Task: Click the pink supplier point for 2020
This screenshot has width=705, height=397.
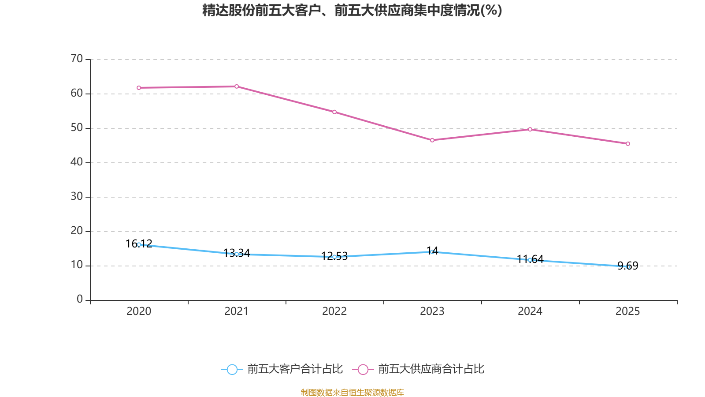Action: point(139,88)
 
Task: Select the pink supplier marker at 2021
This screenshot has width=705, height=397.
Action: point(237,86)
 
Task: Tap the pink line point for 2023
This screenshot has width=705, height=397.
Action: point(432,140)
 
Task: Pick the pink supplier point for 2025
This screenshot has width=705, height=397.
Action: point(628,144)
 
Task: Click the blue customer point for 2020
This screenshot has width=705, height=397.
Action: point(139,244)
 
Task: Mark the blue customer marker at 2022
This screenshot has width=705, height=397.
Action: point(334,257)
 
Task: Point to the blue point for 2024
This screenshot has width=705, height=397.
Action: point(530,260)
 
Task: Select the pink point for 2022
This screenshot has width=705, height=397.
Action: point(334,112)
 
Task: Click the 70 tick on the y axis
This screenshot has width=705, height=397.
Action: point(77,59)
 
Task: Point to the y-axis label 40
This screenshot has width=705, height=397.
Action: point(77,162)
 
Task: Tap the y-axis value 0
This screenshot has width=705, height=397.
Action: point(80,300)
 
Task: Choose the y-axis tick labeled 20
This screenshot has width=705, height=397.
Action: point(77,231)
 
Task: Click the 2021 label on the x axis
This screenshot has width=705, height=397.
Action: point(237,311)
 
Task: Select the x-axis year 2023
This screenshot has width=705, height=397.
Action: point(432,311)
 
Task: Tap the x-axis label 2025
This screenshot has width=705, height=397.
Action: point(628,311)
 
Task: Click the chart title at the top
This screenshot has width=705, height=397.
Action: point(352,10)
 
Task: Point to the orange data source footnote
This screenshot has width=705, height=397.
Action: point(352,392)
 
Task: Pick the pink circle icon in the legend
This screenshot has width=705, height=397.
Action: point(363,370)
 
